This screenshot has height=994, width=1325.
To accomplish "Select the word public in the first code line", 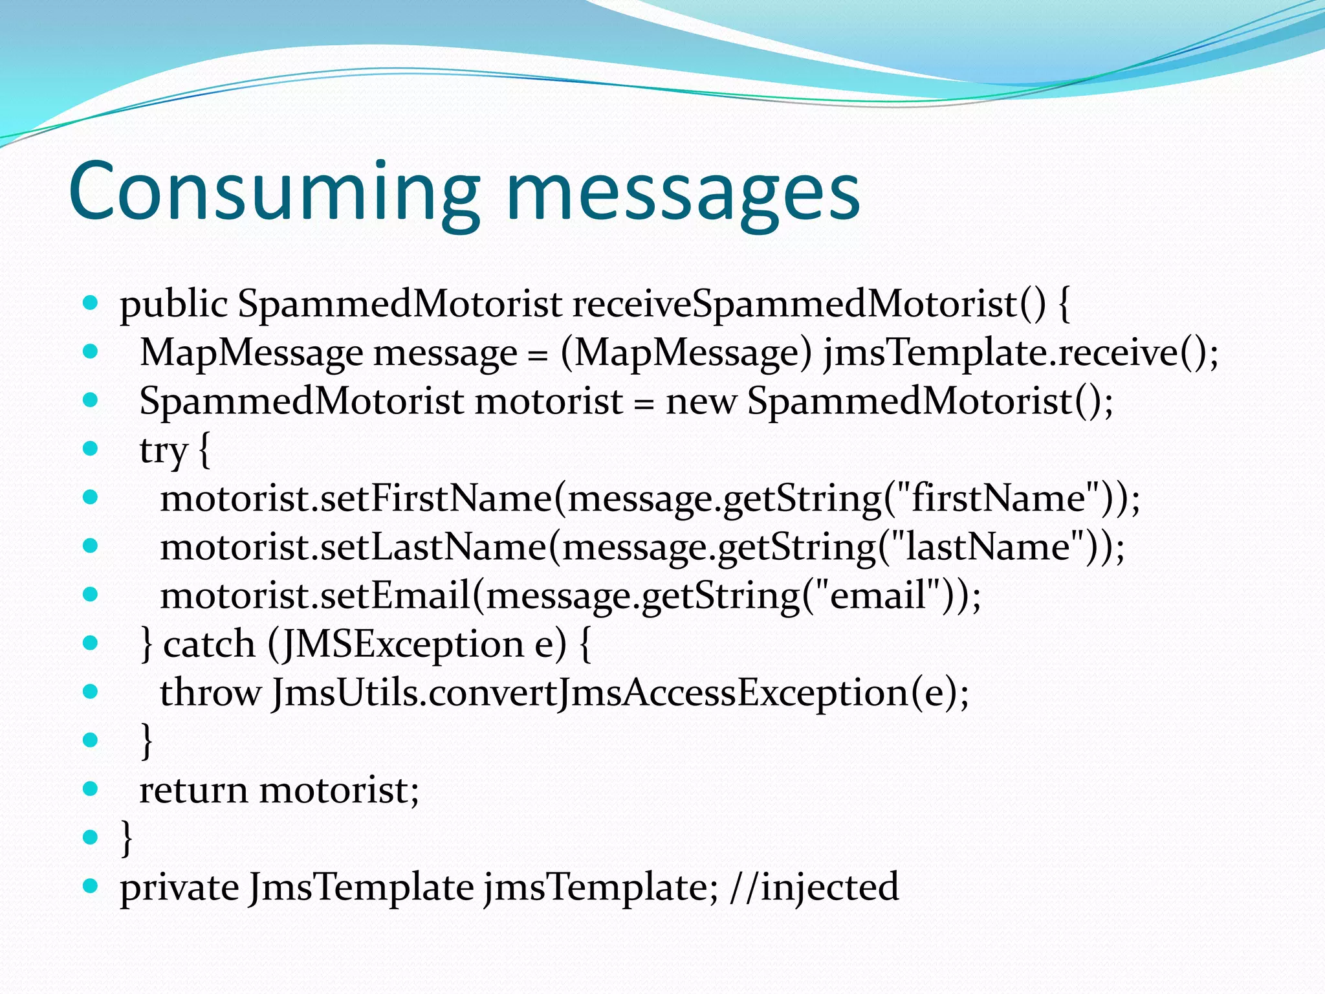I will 173,304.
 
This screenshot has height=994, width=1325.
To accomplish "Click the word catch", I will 209,645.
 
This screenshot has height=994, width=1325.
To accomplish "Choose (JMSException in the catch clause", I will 395,645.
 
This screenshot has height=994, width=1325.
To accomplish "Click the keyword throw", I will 210,692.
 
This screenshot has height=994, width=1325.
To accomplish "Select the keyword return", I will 193,790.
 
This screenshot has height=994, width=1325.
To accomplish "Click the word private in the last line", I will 179,887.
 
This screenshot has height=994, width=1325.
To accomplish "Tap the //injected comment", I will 814,887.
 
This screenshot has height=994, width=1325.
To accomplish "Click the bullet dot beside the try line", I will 91,448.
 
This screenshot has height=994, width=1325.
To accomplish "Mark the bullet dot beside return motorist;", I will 91,788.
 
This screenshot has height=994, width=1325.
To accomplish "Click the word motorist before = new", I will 549,401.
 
